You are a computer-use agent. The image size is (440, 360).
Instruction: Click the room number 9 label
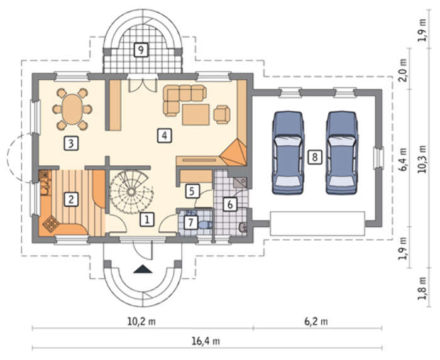click(x=141, y=50)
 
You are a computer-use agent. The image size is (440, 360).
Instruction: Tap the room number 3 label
click(x=71, y=143)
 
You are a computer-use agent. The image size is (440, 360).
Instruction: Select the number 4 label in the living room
click(x=165, y=136)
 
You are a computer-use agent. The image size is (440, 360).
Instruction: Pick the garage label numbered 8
click(x=315, y=157)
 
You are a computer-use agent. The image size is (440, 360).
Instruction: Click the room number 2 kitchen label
click(x=71, y=199)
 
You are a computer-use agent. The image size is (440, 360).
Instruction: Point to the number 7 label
click(x=191, y=222)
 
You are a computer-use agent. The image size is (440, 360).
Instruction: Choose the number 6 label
click(x=230, y=204)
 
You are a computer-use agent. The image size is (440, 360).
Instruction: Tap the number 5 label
click(x=192, y=191)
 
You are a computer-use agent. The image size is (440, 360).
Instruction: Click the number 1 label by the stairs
click(x=147, y=219)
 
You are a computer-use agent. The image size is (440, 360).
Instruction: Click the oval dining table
click(x=72, y=109)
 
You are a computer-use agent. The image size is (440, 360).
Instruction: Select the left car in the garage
click(x=288, y=153)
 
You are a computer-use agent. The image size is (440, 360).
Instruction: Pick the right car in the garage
click(x=342, y=153)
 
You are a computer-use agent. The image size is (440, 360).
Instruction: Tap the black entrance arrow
click(x=143, y=269)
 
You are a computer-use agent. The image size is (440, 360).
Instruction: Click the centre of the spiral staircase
click(x=131, y=192)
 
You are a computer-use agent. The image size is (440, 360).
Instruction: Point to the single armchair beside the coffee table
click(x=222, y=114)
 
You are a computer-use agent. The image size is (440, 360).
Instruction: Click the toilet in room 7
click(x=206, y=224)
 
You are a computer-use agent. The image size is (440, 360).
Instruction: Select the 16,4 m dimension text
click(x=206, y=341)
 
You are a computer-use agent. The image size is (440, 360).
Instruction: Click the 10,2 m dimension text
click(x=141, y=321)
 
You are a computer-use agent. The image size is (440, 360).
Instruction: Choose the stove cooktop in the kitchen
click(x=51, y=224)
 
